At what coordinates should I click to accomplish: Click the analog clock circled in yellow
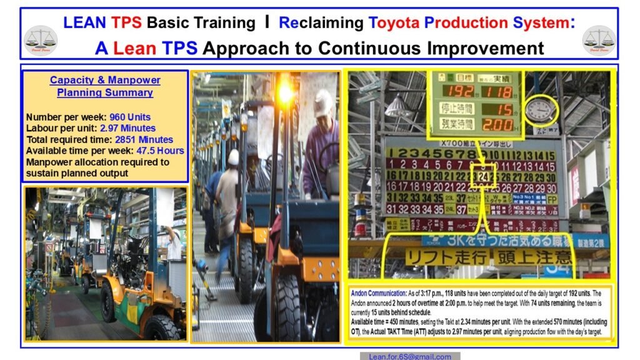[540, 111]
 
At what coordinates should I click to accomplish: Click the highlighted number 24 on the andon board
[486, 176]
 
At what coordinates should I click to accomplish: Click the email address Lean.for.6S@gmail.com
[410, 356]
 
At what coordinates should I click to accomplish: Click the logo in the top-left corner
[41, 39]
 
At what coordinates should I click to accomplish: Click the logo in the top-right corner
[598, 39]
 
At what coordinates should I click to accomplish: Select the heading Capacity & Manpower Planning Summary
[105, 86]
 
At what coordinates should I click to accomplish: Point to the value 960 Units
[130, 117]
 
